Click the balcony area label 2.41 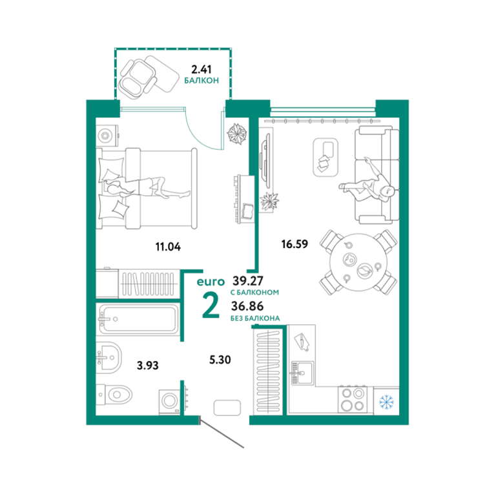(201, 69)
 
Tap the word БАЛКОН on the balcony (201, 80)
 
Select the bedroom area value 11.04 (168, 247)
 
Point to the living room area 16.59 (294, 244)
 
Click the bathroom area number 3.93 (147, 366)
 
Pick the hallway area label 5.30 (220, 359)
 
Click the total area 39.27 (248, 280)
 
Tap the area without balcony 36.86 (247, 306)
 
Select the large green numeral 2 (211, 305)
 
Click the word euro (211, 282)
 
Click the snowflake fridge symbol (387, 401)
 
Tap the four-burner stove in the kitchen (353, 399)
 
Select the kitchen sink (302, 373)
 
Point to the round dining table (358, 262)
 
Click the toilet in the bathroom (114, 395)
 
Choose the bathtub (138, 319)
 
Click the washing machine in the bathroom (170, 401)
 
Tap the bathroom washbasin (108, 358)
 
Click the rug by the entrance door (227, 408)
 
